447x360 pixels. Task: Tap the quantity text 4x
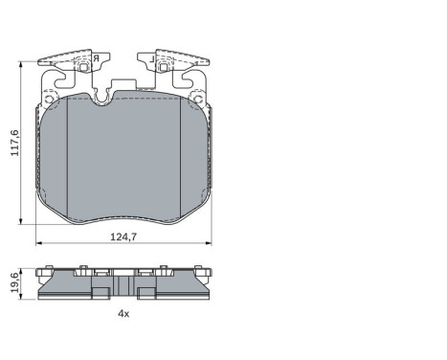tap(123, 313)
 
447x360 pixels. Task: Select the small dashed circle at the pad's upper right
tap(197, 97)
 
